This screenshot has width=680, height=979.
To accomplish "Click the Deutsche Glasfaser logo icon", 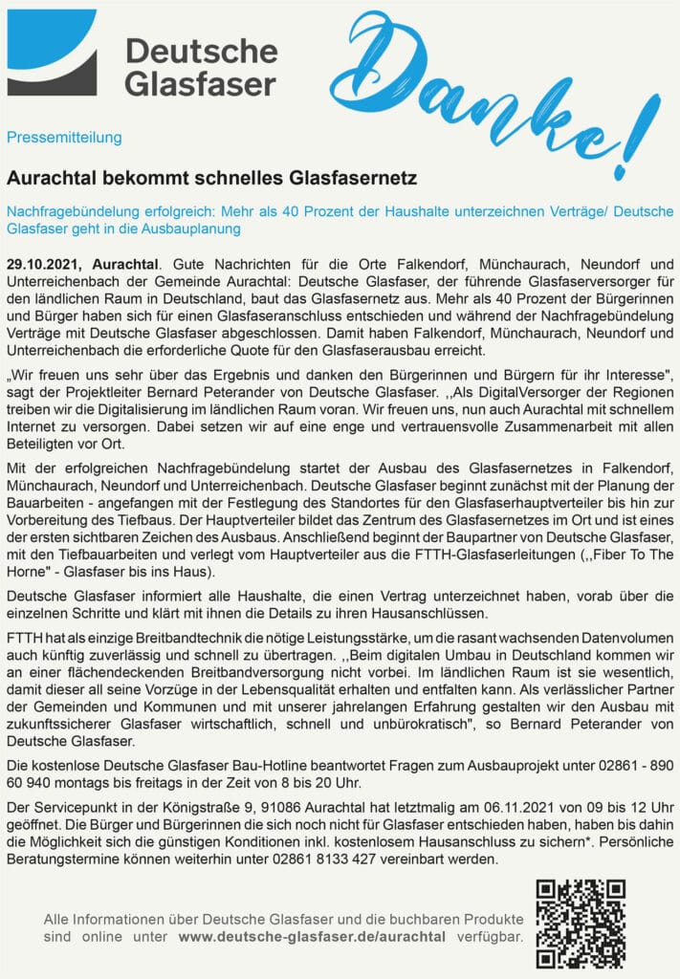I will click(x=52, y=53).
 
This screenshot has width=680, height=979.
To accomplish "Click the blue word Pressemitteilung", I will click(x=64, y=137).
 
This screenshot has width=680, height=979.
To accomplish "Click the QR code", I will click(x=580, y=923).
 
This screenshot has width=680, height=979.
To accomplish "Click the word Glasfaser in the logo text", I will click(x=201, y=82).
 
